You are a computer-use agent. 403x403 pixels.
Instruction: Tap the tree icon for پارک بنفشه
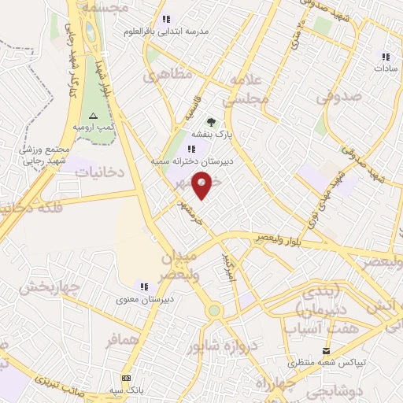click(x=210, y=122)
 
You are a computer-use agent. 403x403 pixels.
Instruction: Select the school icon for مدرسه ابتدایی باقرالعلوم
click(x=165, y=20)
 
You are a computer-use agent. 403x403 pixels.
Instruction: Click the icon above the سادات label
click(x=386, y=57)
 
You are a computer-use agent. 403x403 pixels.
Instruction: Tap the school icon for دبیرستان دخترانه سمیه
click(x=191, y=149)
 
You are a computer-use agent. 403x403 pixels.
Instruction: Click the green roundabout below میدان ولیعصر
click(x=213, y=310)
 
